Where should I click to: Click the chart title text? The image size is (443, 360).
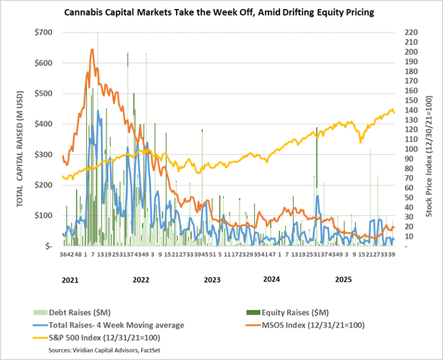coord(221,12)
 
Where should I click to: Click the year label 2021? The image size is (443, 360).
coord(70,280)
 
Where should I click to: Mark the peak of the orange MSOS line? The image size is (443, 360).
coord(92,49)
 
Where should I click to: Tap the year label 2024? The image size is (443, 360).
coord(271,280)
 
